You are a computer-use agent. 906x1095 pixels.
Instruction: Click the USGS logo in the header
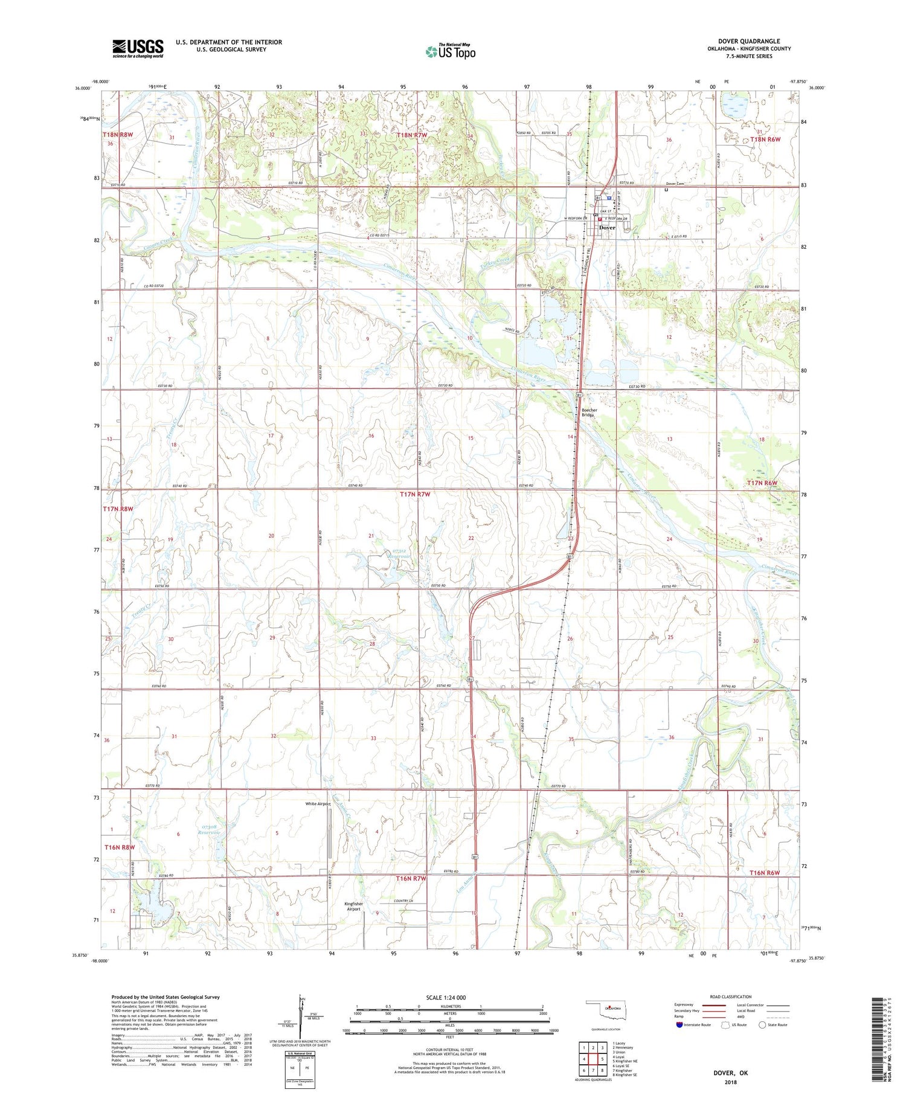[138, 48]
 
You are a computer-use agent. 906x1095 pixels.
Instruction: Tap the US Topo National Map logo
[450, 51]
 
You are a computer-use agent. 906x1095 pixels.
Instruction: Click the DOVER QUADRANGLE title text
[748, 41]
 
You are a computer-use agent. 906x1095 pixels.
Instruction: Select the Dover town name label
[606, 228]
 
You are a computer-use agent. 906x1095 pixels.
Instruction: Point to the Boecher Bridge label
[589, 413]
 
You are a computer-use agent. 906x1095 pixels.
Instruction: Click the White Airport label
[318, 804]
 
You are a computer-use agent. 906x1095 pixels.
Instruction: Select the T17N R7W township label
[415, 494]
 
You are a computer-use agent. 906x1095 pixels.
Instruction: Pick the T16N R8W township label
[119, 847]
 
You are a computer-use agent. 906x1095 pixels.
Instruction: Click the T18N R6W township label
[765, 140]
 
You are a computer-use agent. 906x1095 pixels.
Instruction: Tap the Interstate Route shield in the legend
[679, 1024]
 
